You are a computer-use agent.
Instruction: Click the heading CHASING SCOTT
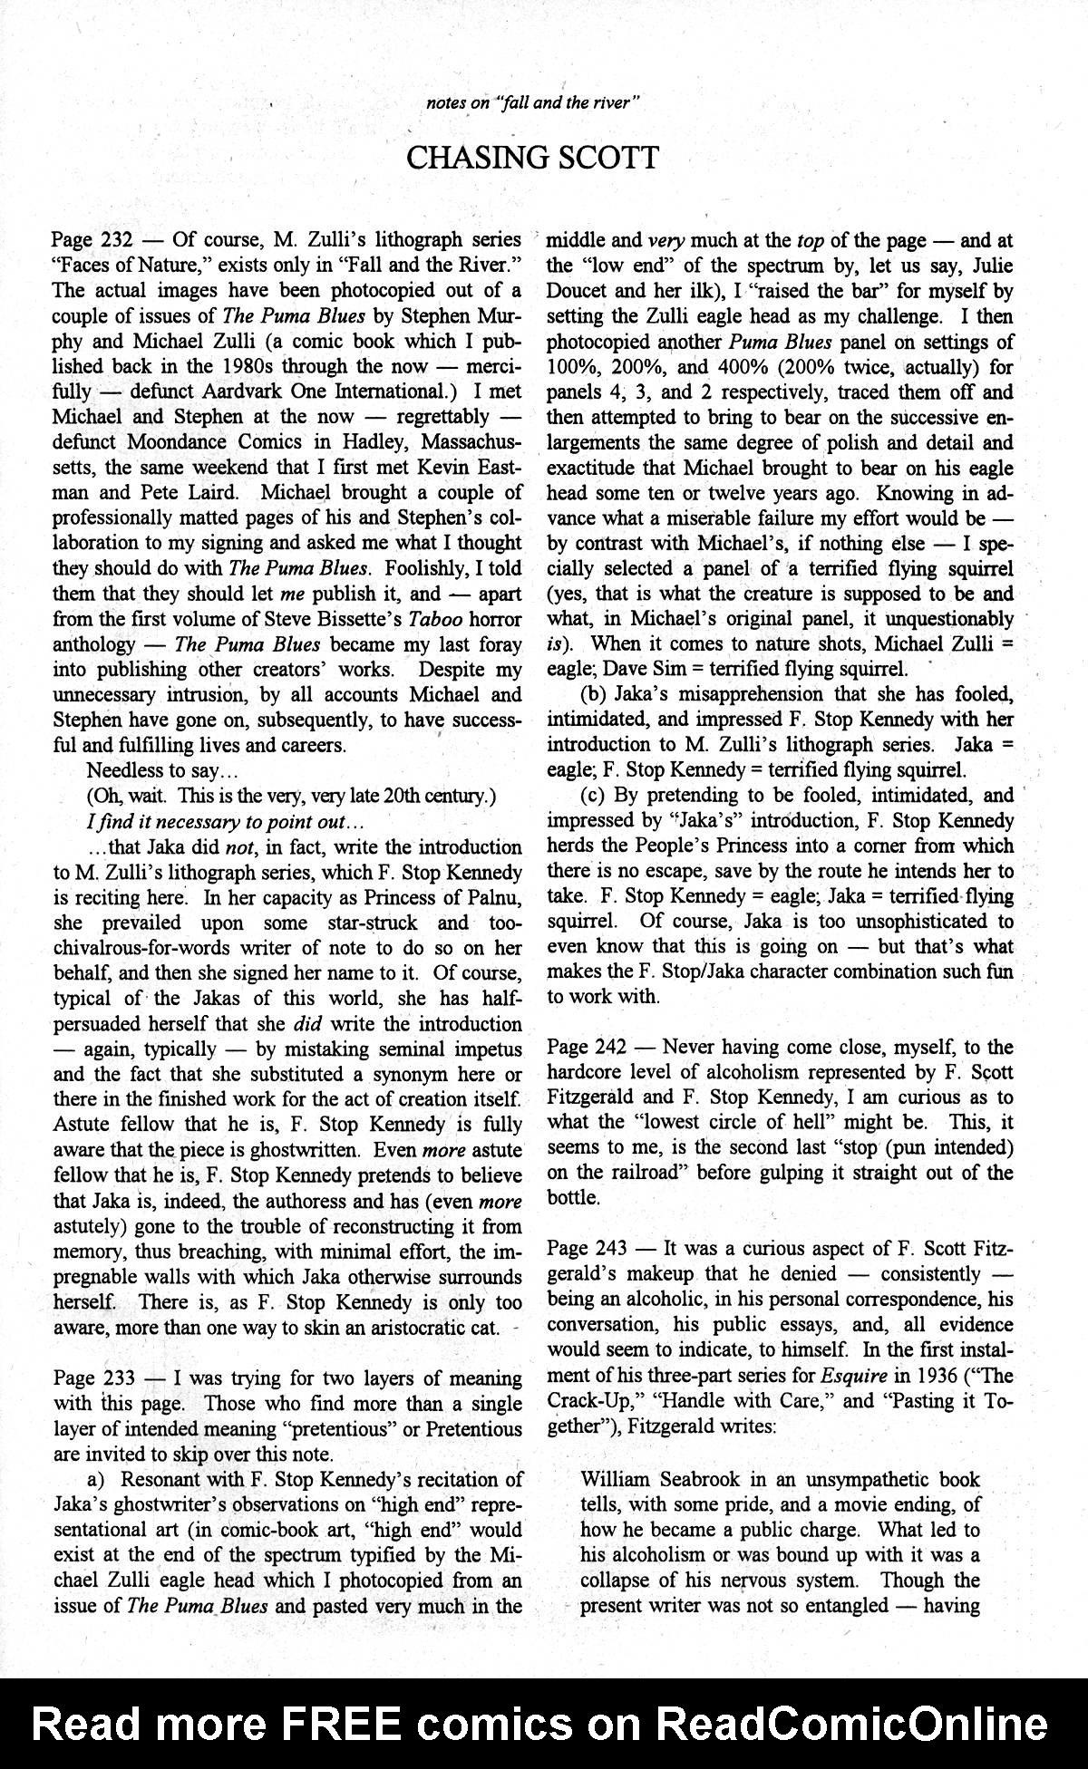point(532,158)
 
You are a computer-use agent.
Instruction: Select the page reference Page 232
point(93,240)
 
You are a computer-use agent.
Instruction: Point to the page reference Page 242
point(587,1047)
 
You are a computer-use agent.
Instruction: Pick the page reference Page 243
point(587,1248)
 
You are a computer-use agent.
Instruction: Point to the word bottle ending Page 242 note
point(573,1197)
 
